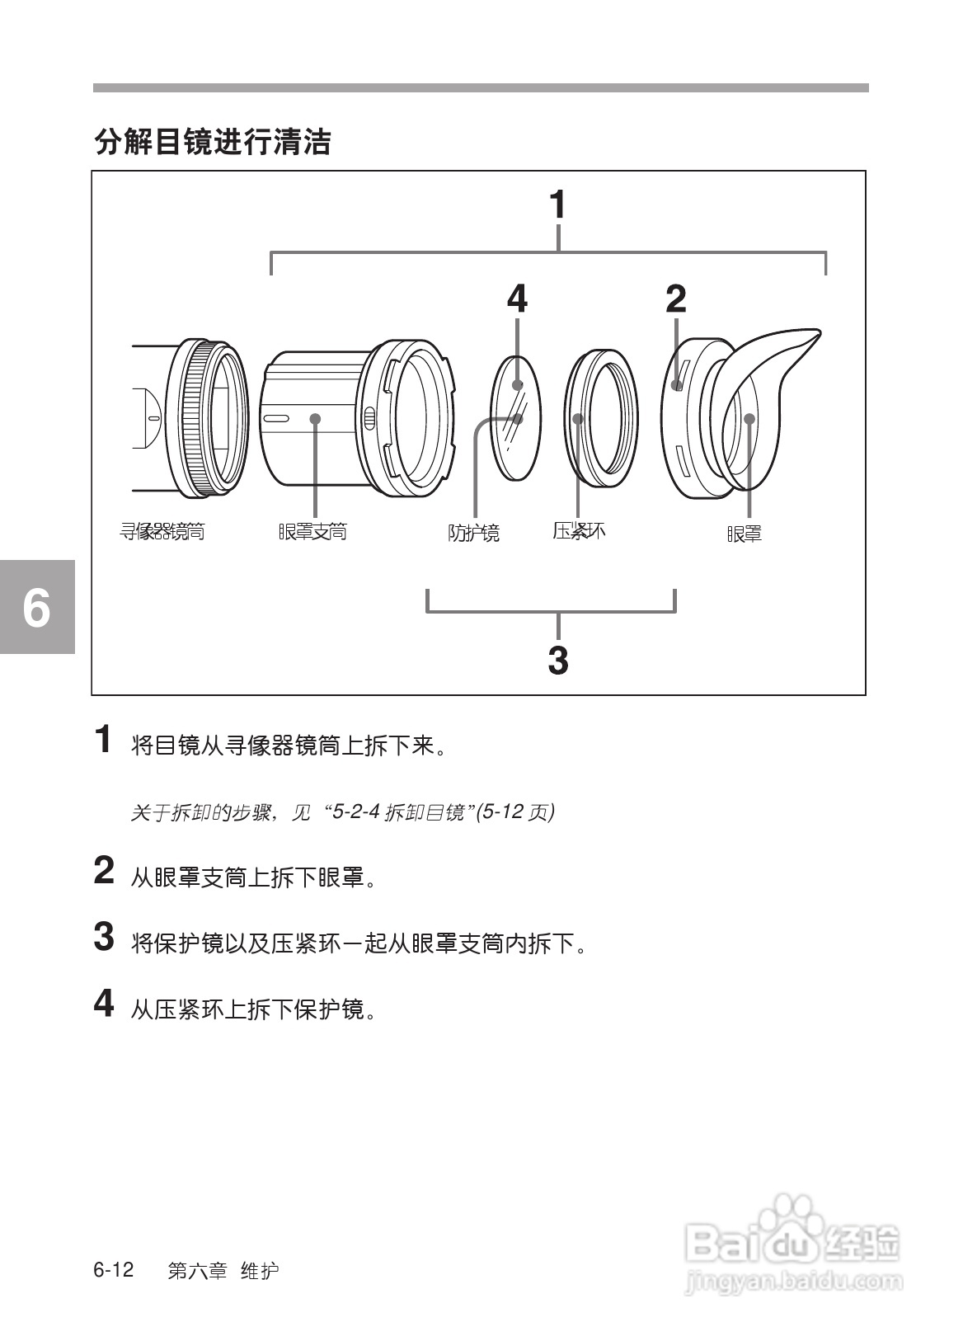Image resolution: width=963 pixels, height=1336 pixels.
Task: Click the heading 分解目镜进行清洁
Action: pyautogui.click(x=213, y=142)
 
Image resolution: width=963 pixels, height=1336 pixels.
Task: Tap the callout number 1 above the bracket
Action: pyautogui.click(x=557, y=205)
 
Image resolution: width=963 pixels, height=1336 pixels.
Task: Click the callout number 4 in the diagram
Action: pyautogui.click(x=517, y=299)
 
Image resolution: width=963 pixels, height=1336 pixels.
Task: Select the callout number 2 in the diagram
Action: pyautogui.click(x=675, y=299)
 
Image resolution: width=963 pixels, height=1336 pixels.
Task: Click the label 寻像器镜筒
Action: pyautogui.click(x=162, y=532)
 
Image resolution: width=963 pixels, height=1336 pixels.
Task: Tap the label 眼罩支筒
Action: pyautogui.click(x=312, y=532)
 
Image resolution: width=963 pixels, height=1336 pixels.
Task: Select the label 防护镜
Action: pyautogui.click(x=473, y=533)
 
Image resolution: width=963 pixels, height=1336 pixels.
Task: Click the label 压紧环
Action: pyautogui.click(x=579, y=530)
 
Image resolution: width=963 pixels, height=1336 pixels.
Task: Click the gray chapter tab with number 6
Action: pyautogui.click(x=36, y=607)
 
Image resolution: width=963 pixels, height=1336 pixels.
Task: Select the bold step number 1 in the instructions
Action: pyautogui.click(x=103, y=740)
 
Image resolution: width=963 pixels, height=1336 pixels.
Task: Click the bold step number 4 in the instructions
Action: pyautogui.click(x=103, y=1003)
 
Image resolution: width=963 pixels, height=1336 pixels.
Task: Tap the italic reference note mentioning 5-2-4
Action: pyautogui.click(x=342, y=812)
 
